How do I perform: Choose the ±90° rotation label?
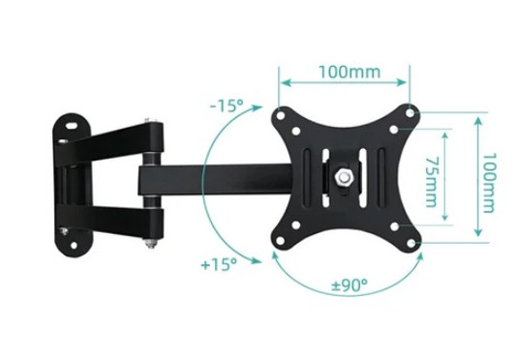[349, 286]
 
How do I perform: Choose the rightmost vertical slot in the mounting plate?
[380, 178]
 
